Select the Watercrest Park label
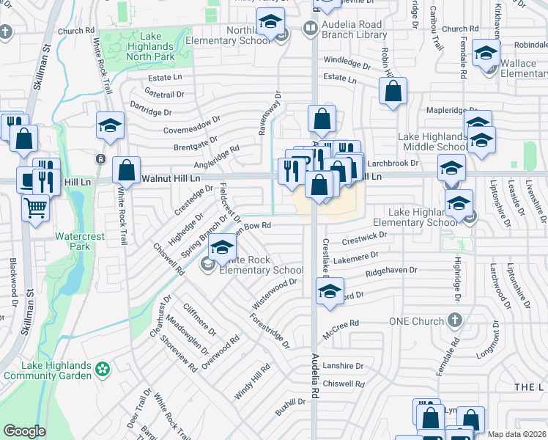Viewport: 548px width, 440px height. tap(75, 242)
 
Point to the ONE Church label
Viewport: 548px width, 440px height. tap(417, 321)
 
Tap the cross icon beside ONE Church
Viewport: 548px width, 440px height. tap(455, 320)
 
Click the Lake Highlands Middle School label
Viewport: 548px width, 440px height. tap(433, 142)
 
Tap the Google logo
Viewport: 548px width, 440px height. tap(24, 431)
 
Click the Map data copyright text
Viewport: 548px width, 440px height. tap(517, 434)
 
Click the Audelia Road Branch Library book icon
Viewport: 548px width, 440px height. tap(310, 29)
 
